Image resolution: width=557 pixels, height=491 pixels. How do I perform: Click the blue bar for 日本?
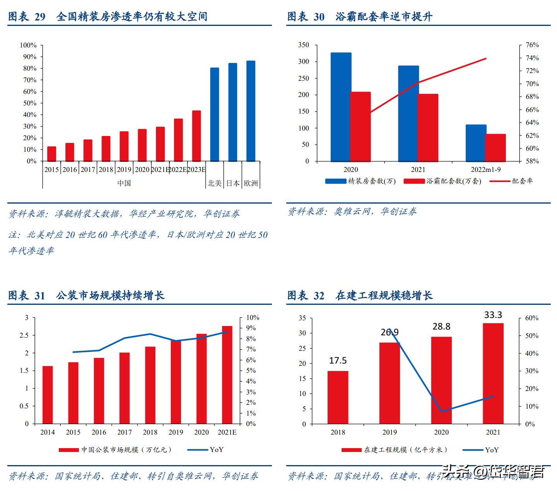[x=232, y=112]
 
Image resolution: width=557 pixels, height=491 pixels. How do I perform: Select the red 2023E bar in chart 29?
[x=196, y=136]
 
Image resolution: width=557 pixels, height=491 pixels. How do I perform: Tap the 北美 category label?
[x=215, y=183]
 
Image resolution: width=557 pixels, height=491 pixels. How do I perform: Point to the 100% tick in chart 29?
[x=28, y=45]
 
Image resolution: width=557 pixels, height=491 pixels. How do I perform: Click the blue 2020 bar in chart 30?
[x=341, y=107]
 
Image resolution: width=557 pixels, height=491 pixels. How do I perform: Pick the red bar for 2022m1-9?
[x=495, y=148]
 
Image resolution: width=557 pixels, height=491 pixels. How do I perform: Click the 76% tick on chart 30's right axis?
[x=532, y=45]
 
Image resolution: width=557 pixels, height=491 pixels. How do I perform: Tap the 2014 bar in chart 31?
[x=48, y=394]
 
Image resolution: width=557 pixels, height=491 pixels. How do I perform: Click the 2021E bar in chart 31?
[x=227, y=375]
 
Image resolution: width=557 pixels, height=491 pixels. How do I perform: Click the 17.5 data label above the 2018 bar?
[x=338, y=360]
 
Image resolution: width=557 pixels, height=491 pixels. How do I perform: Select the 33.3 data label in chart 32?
[x=493, y=315]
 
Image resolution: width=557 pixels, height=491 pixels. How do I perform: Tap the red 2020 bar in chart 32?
[x=441, y=380]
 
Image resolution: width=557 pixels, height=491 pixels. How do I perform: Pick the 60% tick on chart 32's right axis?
[x=531, y=318]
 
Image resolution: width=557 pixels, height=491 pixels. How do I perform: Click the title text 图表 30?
[x=306, y=17]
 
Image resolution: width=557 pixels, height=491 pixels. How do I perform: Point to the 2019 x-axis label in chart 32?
[x=390, y=432]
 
